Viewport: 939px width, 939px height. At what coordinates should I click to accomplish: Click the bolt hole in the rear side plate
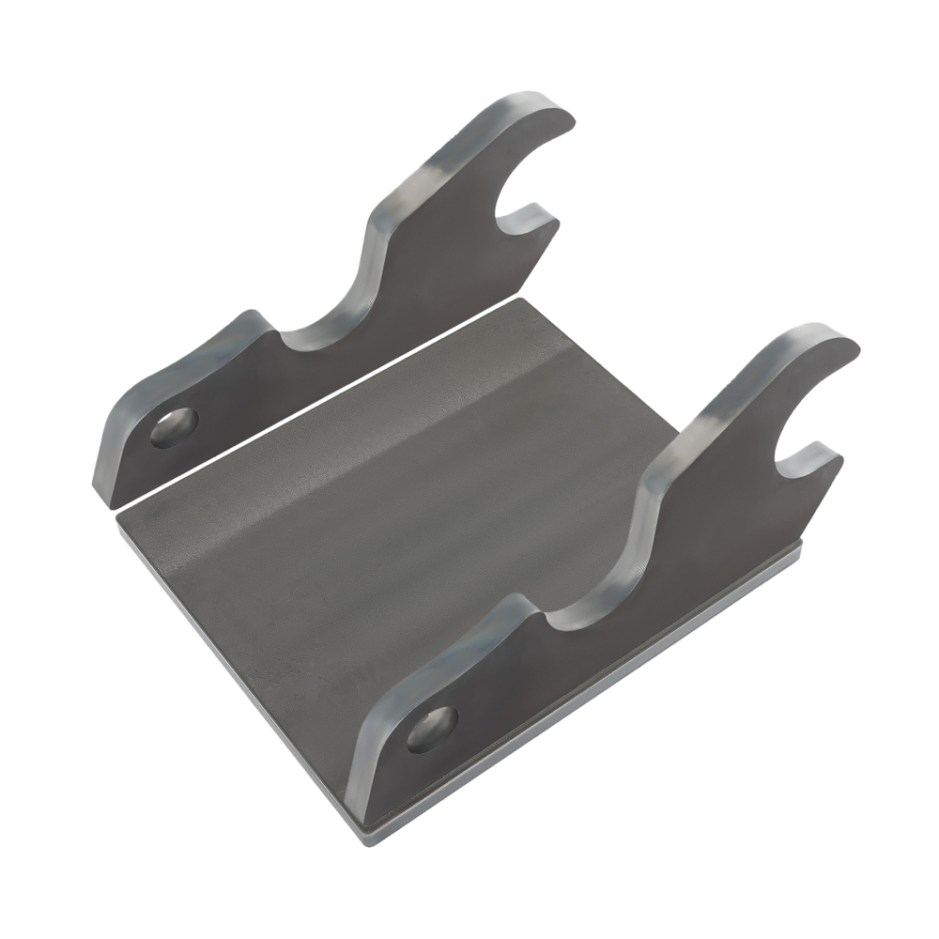click(175, 427)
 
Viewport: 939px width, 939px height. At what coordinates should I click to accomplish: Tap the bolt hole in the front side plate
click(432, 729)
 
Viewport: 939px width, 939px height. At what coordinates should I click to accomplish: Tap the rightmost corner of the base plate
click(798, 554)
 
